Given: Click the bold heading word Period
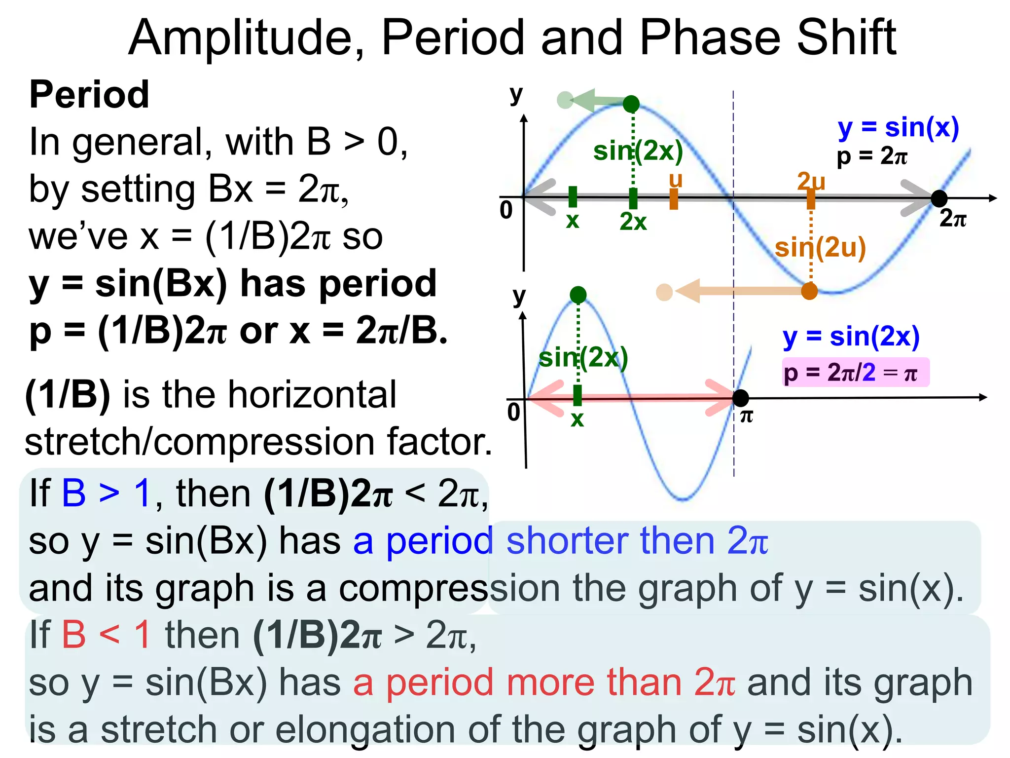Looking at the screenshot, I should tap(89, 94).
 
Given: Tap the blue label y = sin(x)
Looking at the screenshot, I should tap(898, 128).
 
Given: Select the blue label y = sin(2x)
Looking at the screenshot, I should tap(851, 337).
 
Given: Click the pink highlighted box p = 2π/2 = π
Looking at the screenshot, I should tap(855, 372).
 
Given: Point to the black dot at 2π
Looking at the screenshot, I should tap(939, 198).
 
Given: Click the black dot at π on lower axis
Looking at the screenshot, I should tap(740, 397).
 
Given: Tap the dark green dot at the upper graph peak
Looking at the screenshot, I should tap(631, 104).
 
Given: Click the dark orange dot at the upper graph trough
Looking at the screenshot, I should tap(809, 291).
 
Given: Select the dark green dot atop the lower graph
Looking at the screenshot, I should tap(578, 295).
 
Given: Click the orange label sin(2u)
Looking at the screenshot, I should tap(820, 248).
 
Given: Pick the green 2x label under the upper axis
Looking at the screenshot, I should tap(633, 222).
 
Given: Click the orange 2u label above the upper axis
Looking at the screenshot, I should tap(811, 181).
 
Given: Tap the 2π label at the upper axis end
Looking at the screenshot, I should tap(953, 218).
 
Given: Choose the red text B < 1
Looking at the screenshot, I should tap(106, 635).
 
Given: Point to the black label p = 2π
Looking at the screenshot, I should tap(871, 156).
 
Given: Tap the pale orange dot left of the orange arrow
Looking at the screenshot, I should tap(664, 292).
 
